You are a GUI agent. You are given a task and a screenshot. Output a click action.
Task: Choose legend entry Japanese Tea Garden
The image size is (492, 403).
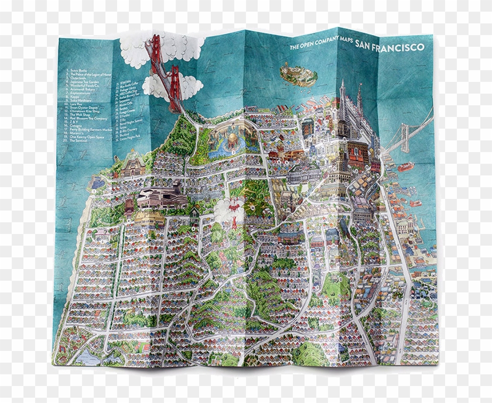(x=86, y=82)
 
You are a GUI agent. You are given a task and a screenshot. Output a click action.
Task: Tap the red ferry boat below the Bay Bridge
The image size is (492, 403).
(x=405, y=167)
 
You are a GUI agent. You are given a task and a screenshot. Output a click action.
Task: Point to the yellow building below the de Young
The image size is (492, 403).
(x=149, y=218)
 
